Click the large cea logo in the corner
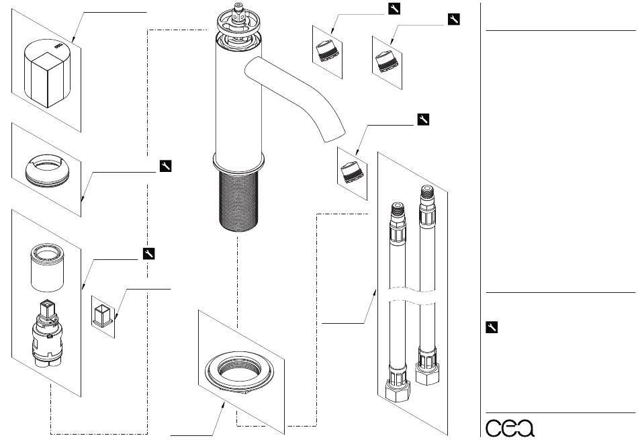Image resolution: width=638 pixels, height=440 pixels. tap(510, 427)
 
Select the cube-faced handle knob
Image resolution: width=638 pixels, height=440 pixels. tap(47, 74)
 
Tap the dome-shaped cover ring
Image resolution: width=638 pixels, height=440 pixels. tap(47, 171)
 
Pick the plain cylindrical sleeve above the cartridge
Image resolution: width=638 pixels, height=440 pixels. tap(47, 268)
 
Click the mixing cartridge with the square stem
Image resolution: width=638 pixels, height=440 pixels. tap(47, 333)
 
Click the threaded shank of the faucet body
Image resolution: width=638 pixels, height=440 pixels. tap(238, 201)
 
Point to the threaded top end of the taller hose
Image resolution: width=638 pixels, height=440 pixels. tap(427, 193)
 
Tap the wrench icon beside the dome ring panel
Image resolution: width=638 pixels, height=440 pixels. tap(166, 166)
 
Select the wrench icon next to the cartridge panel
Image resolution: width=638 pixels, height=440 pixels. tap(149, 253)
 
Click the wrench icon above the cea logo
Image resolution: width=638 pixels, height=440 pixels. tap(492, 327)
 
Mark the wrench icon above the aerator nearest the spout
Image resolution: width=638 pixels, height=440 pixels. tap(423, 120)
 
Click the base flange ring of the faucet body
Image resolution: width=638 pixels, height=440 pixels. tap(238, 163)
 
